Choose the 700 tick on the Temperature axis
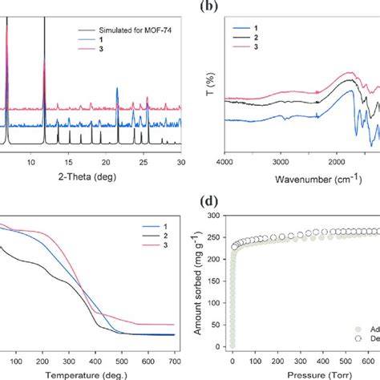click(x=174, y=360)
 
